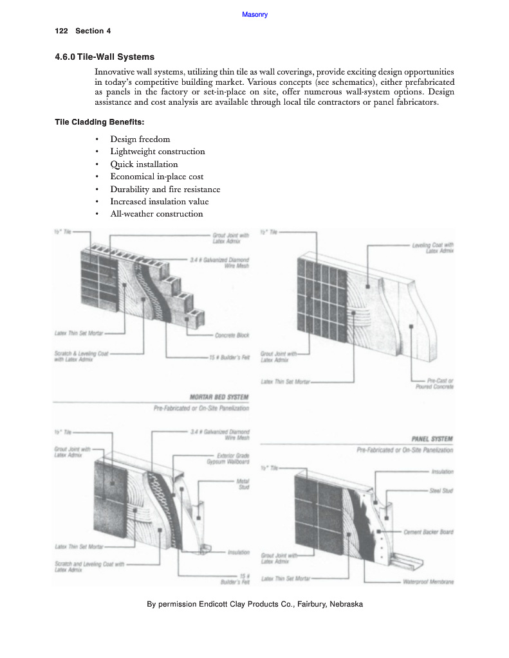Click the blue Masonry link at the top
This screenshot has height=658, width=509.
(255, 15)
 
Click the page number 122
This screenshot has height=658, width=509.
(62, 31)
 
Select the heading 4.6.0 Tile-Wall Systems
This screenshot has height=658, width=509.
(105, 57)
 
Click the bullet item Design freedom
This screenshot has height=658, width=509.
(140, 139)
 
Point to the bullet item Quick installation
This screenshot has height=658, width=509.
(143, 164)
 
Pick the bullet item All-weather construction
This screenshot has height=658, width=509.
(156, 214)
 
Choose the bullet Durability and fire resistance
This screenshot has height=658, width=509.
(165, 189)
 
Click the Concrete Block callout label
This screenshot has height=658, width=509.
(232, 335)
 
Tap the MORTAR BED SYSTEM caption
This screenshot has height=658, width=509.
(219, 397)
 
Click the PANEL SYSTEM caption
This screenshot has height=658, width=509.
(432, 439)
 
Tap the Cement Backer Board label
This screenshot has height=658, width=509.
(429, 531)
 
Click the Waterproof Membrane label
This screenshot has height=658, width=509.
(428, 582)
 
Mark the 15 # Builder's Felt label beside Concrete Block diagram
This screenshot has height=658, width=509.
(229, 357)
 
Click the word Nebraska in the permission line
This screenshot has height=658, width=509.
(346, 604)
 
